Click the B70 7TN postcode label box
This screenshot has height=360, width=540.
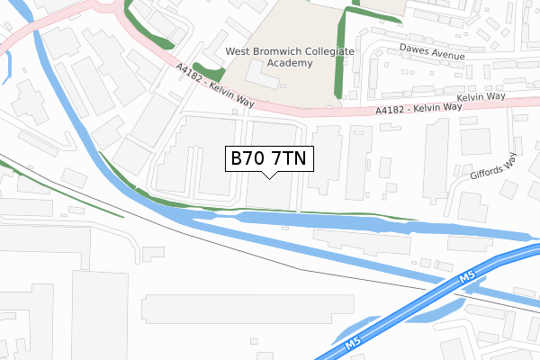click(x=269, y=159)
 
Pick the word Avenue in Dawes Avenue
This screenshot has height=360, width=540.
click(x=446, y=55)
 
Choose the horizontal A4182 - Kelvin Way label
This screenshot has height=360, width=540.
click(x=418, y=108)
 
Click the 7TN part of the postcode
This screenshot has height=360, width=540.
click(x=289, y=159)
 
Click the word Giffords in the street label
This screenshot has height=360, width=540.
click(x=490, y=172)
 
